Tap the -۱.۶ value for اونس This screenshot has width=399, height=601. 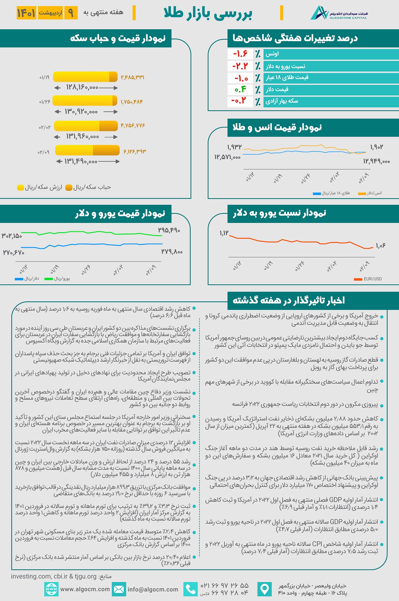click(x=240, y=54)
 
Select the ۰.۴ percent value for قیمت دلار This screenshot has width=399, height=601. click(x=240, y=89)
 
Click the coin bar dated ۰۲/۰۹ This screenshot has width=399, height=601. click(x=87, y=150)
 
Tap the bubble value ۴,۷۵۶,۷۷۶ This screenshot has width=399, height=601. click(x=133, y=126)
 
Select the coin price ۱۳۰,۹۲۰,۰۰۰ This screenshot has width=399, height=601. click(x=81, y=112)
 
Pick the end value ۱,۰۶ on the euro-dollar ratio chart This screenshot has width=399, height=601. click(x=381, y=246)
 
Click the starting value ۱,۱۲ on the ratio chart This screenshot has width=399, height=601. click(x=224, y=233)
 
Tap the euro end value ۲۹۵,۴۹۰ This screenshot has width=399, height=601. click(x=169, y=230)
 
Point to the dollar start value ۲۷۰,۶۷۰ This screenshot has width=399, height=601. click(x=14, y=252)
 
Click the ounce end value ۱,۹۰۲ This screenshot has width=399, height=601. click(x=376, y=147)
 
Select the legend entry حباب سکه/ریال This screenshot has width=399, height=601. click(x=88, y=187)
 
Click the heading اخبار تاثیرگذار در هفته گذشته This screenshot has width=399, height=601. click(x=289, y=300)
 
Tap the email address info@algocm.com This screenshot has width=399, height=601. click(x=153, y=589)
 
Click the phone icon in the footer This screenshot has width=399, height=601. click(x=191, y=589)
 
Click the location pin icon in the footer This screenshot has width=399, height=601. click(x=264, y=589)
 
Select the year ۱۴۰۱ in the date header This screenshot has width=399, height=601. click(x=26, y=13)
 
